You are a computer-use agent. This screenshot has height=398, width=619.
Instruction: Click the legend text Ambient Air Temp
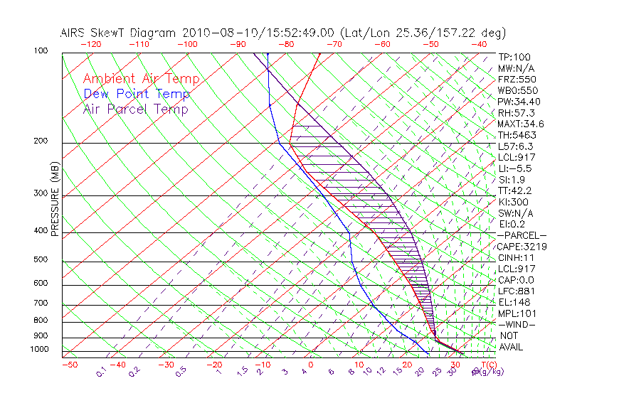(x=141, y=79)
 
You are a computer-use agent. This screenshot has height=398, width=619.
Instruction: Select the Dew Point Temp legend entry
(x=137, y=94)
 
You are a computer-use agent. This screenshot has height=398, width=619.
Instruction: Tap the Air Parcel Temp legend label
(x=135, y=109)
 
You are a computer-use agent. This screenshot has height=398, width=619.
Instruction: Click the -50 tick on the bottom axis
(x=69, y=365)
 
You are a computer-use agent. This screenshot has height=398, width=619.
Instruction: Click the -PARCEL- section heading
(x=522, y=235)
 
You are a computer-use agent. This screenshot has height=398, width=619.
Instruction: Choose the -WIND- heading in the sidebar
(x=517, y=324)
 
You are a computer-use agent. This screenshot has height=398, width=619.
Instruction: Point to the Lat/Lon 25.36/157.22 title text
(x=424, y=33)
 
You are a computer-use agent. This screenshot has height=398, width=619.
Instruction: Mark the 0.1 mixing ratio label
(x=101, y=371)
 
